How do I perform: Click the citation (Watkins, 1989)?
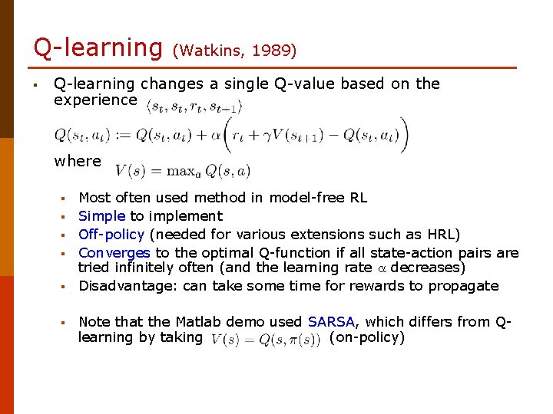point(234,51)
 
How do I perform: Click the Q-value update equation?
point(230,136)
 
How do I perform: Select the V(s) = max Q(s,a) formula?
point(183,170)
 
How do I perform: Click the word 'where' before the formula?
point(78,161)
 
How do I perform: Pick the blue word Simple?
point(102,216)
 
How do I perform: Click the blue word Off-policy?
point(111,235)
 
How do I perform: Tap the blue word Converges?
point(114,253)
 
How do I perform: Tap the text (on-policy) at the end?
point(366,338)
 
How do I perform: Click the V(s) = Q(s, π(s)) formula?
point(265,340)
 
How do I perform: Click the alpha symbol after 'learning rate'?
point(379,268)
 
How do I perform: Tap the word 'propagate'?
point(466,286)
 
